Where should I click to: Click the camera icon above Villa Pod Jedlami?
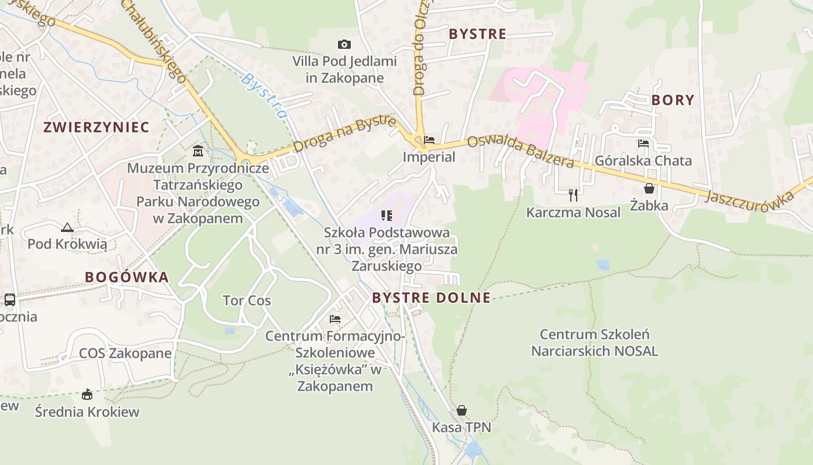344,45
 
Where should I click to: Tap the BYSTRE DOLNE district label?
431,298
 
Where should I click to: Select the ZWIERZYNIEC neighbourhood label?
96,127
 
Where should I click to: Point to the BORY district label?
672,100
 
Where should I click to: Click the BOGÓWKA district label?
127,277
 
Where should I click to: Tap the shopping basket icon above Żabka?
649,189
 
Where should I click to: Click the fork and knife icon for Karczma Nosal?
573,195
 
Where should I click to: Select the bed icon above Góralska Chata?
643,144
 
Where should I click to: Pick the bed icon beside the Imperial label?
429,140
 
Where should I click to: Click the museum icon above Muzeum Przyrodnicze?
198,151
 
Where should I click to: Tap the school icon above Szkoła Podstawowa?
387,216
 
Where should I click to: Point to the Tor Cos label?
247,301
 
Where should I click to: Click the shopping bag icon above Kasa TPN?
461,411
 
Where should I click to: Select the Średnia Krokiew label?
87,412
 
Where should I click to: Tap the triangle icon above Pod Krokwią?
67,227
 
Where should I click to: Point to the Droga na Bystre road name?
344,134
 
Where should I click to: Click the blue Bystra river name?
264,95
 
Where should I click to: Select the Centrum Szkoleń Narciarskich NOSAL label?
595,342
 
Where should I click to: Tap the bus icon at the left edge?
10,300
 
